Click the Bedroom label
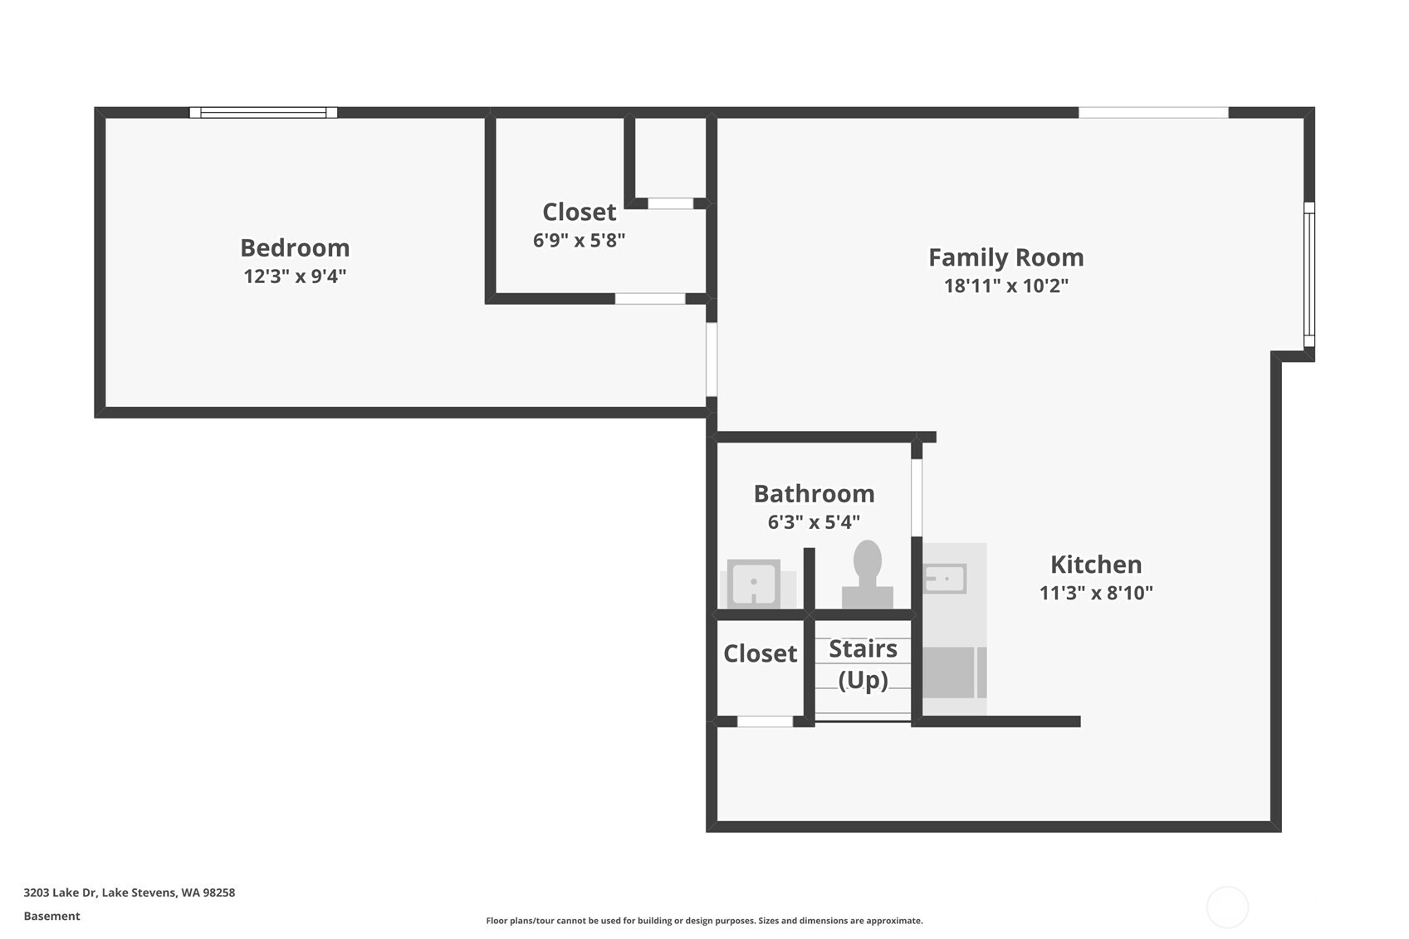point(295,247)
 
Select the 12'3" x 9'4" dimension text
point(295,276)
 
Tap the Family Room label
point(1005,257)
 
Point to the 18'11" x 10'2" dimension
point(1005,286)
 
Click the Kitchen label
point(1095,565)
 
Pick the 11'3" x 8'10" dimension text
point(1095,593)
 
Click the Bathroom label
point(814,494)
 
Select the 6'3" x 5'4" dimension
point(814,522)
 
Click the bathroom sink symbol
point(753,584)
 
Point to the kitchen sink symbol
point(945,579)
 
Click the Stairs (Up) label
point(863,663)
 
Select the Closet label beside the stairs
point(760,653)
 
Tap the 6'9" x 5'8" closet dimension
point(579,240)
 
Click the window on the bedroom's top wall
point(263,113)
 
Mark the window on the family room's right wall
point(1309,275)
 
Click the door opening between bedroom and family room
point(712,359)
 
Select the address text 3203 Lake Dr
point(129,893)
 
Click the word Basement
point(51,916)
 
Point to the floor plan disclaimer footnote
point(704,920)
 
